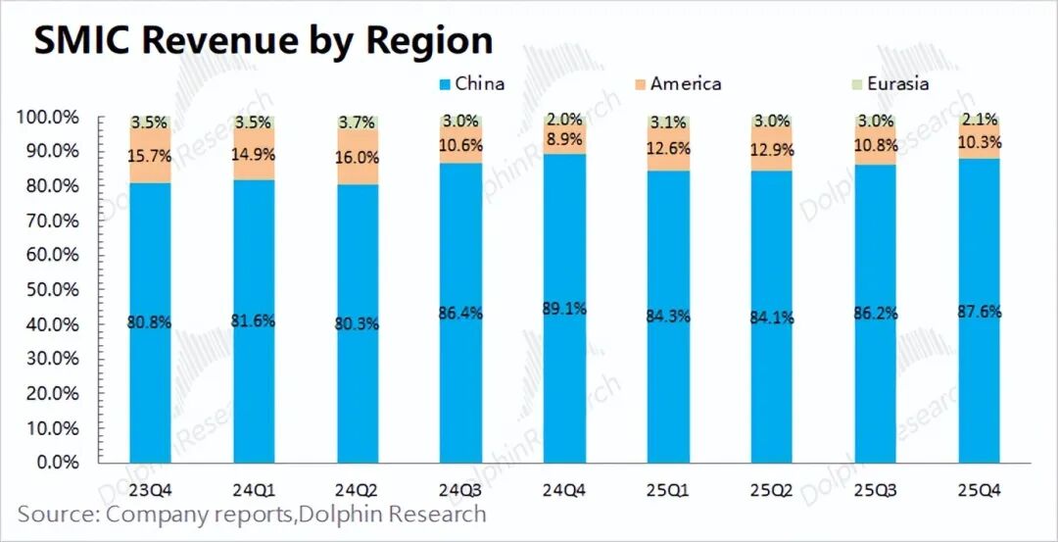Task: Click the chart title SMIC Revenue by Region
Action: click(x=263, y=41)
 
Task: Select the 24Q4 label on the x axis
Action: click(x=565, y=488)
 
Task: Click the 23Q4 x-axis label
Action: click(x=150, y=488)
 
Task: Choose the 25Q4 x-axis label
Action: click(x=981, y=488)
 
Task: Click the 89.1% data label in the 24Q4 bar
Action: click(x=565, y=309)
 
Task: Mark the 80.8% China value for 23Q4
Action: click(x=150, y=322)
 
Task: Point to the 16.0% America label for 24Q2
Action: click(x=358, y=158)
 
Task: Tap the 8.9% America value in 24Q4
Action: click(x=565, y=139)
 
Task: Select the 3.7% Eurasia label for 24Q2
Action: click(x=358, y=123)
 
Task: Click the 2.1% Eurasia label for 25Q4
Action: click(x=981, y=120)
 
